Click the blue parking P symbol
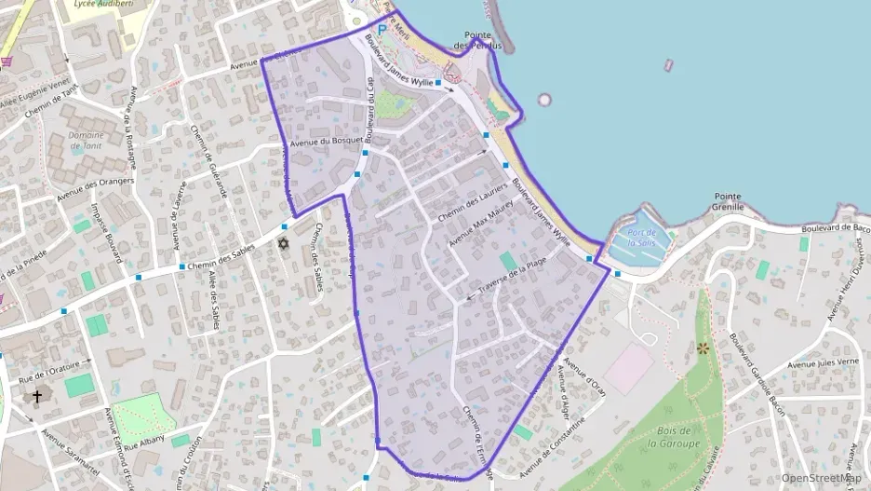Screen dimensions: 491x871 [x=381, y=30]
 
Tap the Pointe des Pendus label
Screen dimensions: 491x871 [x=478, y=40]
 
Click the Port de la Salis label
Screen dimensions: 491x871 [x=642, y=238]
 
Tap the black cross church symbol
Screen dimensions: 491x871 [x=37, y=397]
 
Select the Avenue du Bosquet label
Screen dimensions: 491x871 [x=325, y=143]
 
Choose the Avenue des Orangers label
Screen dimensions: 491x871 [x=96, y=190]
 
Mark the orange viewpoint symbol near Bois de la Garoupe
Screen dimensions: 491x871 [x=703, y=348]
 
